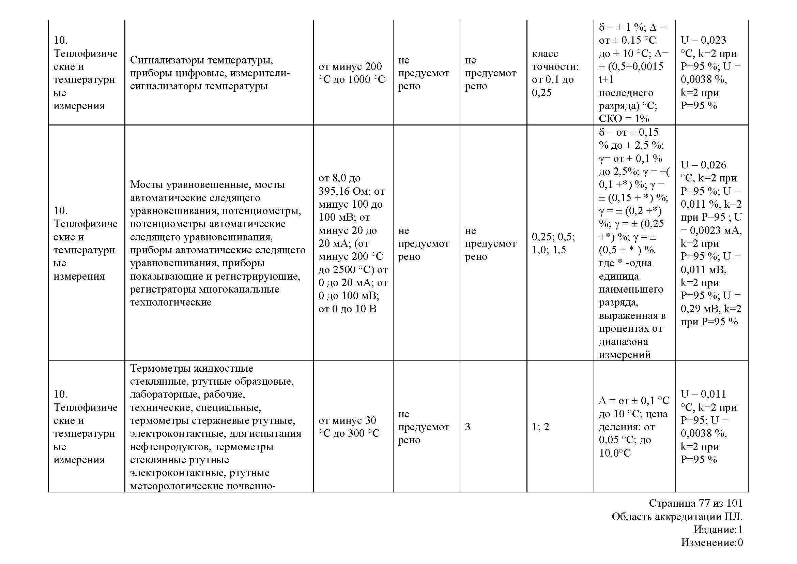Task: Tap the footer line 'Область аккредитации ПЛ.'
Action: pos(677,517)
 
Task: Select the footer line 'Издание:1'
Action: pos(718,530)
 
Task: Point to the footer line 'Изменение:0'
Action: pos(711,543)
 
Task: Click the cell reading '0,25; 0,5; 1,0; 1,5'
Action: pos(553,243)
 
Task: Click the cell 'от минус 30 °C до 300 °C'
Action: pos(349,427)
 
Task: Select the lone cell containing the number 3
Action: pos(468,427)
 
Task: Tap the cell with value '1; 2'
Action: pos(540,427)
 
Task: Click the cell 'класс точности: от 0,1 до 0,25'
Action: pos(555,73)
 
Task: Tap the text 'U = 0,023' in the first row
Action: pos(703,40)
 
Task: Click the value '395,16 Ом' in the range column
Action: pos(344,191)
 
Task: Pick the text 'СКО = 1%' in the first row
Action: pos(624,119)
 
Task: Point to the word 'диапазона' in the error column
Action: pos(623,342)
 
